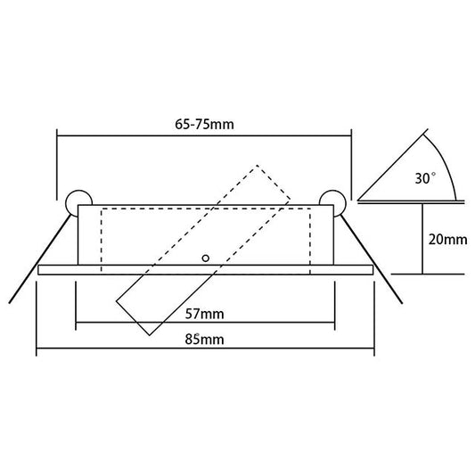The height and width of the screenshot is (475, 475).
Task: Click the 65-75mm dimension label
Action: pos(204,124)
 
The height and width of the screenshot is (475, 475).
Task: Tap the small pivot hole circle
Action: pos(206,258)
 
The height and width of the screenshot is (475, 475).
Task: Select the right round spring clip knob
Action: pos(334,199)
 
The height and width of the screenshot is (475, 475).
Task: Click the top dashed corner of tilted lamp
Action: pos(259,166)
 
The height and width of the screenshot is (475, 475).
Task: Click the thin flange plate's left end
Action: pos(41,269)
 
